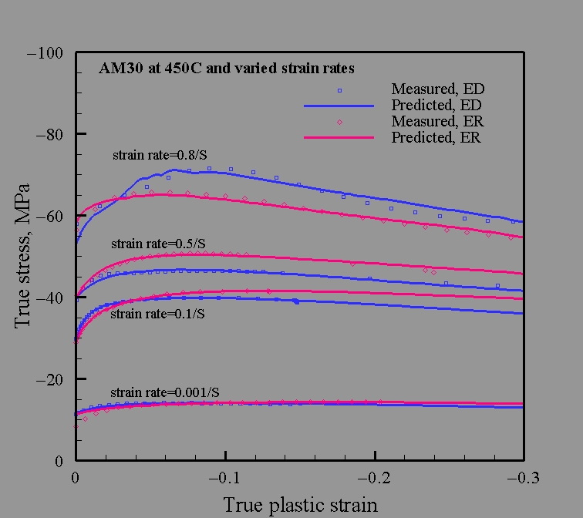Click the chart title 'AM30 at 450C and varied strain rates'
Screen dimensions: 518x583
[227, 68]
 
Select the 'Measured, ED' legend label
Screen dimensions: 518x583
[438, 88]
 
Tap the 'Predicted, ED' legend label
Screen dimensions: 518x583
[437, 105]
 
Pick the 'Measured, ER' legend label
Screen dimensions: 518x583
[438, 122]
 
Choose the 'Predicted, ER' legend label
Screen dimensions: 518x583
[437, 139]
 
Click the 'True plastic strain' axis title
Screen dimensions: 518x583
[301, 505]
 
